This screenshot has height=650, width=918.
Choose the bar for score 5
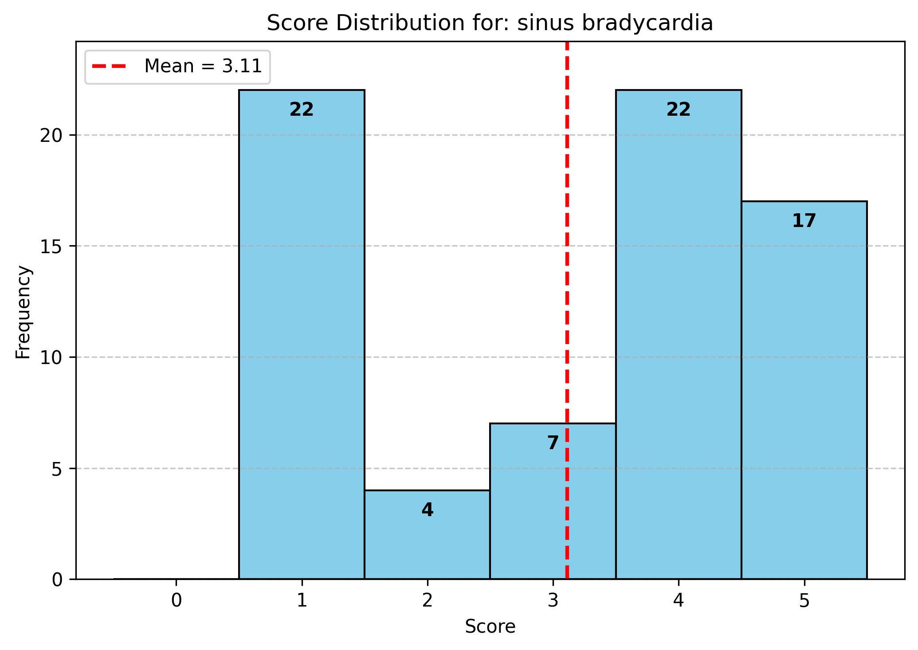(x=804, y=390)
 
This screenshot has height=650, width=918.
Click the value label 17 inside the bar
(x=804, y=221)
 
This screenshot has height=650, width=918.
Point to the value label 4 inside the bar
(x=427, y=510)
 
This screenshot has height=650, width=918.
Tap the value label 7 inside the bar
(x=553, y=443)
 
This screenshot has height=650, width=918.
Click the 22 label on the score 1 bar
(x=302, y=110)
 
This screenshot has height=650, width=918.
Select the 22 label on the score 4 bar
(x=679, y=110)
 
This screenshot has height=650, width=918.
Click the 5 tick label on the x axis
(x=804, y=601)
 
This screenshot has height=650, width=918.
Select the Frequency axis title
(x=23, y=312)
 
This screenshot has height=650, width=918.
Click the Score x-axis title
(x=490, y=627)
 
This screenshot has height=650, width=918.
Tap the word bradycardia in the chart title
(x=647, y=23)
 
